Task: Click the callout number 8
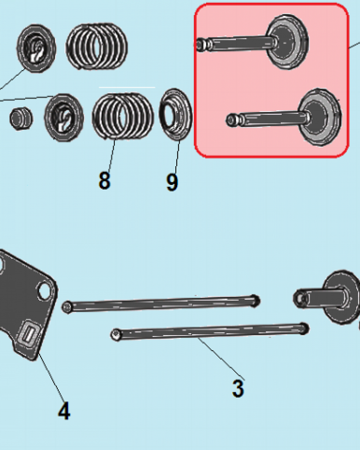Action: tap(104, 180)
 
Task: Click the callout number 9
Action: tap(172, 182)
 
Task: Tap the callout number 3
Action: tap(238, 389)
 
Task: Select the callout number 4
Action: tap(64, 410)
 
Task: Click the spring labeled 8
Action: tap(123, 116)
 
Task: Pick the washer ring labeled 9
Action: tap(175, 114)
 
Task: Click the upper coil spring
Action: tap(96, 46)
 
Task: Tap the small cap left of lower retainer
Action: tap(21, 118)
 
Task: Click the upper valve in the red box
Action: tap(252, 42)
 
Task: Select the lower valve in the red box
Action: tap(284, 117)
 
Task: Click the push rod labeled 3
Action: tap(210, 331)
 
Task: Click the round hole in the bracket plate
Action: tap(45, 291)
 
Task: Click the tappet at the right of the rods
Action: tap(327, 297)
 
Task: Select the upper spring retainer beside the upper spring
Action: tap(36, 48)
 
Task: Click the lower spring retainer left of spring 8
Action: tap(64, 117)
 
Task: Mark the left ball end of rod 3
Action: tap(116, 335)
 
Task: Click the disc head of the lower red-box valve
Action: tap(320, 117)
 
